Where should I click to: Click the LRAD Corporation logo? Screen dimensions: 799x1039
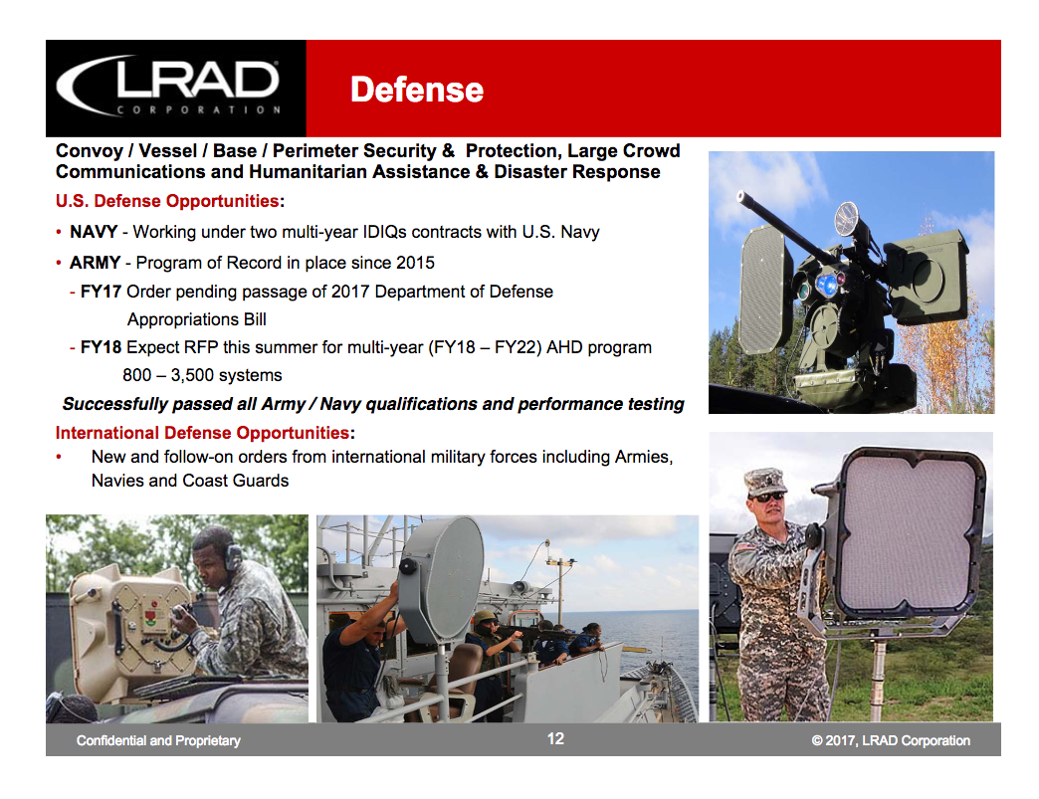[168, 87]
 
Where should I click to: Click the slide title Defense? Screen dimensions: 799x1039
[416, 90]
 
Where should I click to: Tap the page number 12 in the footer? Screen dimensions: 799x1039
[555, 738]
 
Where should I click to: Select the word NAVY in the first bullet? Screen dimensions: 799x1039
[94, 232]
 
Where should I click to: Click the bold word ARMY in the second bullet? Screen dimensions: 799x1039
[96, 263]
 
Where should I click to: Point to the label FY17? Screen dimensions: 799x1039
[102, 292]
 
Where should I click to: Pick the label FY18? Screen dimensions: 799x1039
[102, 347]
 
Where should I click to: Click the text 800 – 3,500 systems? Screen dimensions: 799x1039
[202, 375]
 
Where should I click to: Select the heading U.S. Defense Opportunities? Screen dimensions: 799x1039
[167, 201]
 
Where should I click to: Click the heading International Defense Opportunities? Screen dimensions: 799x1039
[202, 433]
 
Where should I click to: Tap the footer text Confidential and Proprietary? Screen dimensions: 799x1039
[158, 740]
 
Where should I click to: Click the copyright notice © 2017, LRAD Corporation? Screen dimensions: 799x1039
[890, 740]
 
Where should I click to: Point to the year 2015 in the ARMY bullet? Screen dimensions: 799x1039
[416, 263]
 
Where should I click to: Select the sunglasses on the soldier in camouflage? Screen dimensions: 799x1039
[766, 495]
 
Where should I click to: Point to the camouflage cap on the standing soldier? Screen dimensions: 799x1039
[763, 480]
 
